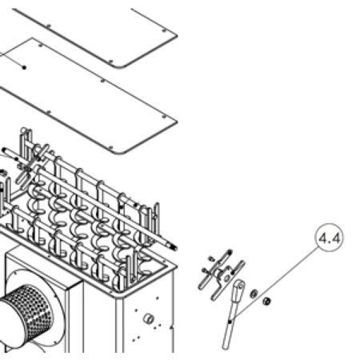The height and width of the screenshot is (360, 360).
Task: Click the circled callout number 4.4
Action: click(x=330, y=238)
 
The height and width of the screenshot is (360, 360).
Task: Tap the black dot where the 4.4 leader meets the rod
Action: click(x=230, y=322)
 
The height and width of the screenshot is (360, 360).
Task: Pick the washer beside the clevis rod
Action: click(x=254, y=294)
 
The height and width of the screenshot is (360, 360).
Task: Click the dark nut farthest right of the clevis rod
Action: click(x=266, y=302)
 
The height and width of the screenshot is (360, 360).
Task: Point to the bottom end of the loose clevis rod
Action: click(x=226, y=346)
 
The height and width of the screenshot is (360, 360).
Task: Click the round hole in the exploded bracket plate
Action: click(x=226, y=278)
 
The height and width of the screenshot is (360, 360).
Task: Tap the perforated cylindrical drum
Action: click(x=26, y=314)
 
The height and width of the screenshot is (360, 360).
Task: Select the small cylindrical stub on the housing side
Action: click(x=148, y=318)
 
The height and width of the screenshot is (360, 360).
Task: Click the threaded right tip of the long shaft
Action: click(x=174, y=247)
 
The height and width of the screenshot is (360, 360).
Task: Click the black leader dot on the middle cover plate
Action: click(x=24, y=67)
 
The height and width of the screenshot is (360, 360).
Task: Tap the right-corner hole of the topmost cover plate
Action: click(x=164, y=30)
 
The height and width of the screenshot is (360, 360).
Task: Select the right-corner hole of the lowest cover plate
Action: click(x=164, y=117)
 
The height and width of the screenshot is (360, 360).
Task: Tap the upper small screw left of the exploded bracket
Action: click(x=211, y=258)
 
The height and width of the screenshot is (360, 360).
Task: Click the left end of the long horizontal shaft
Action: click(x=4, y=150)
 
